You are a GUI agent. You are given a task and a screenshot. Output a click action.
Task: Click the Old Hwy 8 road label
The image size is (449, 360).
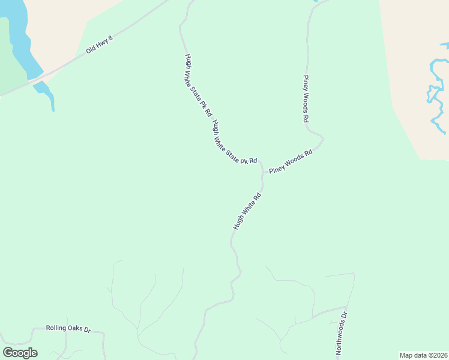100,44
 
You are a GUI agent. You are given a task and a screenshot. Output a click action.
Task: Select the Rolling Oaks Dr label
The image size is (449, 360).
68,329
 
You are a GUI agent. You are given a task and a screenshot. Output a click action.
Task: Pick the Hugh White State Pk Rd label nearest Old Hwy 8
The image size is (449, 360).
198,85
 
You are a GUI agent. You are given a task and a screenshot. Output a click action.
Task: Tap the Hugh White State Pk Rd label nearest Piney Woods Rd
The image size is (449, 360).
235,142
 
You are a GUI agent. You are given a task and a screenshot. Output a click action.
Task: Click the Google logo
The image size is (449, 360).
20,353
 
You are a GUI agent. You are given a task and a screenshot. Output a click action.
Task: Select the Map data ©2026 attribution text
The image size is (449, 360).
423,355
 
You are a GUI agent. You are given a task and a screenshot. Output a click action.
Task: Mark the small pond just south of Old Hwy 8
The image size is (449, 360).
45,92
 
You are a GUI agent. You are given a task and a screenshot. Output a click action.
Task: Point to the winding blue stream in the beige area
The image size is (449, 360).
436,90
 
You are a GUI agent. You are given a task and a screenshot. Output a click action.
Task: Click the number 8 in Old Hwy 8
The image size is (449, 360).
110,38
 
